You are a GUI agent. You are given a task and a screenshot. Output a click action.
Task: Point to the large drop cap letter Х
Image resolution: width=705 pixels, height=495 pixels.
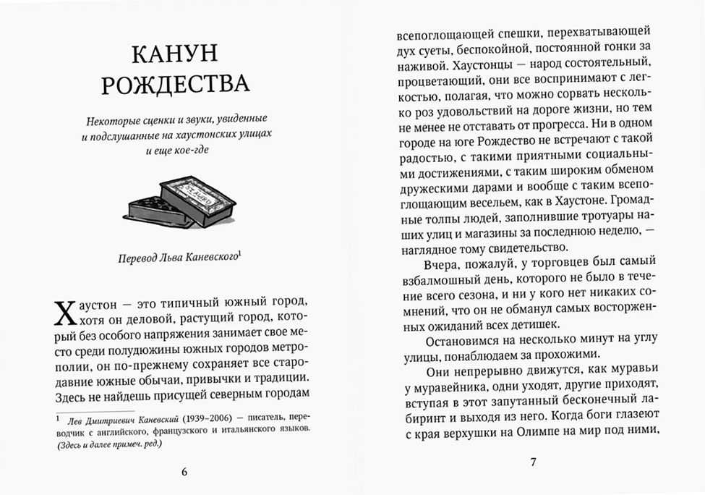point(64,316)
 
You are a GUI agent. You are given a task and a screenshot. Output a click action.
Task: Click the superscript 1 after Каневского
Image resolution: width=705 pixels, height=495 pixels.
point(239,253)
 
